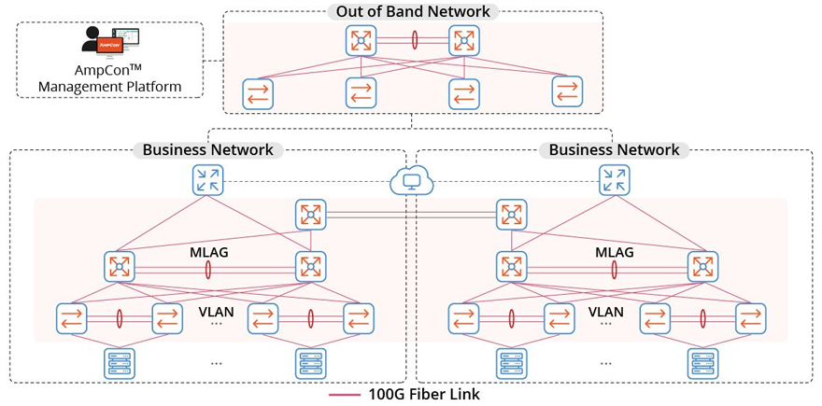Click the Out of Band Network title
pos(412,12)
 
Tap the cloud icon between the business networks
pos(412,179)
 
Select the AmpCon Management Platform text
pos(110,78)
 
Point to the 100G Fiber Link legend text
pos(424,395)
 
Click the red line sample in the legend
pos(345,395)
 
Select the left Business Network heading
pos(207,149)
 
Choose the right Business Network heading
pos(614,149)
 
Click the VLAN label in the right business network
pos(606,312)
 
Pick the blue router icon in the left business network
pos(207,179)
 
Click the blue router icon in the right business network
pos(614,179)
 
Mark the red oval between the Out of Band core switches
pos(413,41)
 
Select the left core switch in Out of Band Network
pos(360,41)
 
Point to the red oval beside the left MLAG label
pos(207,269)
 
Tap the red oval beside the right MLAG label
pos(614,269)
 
